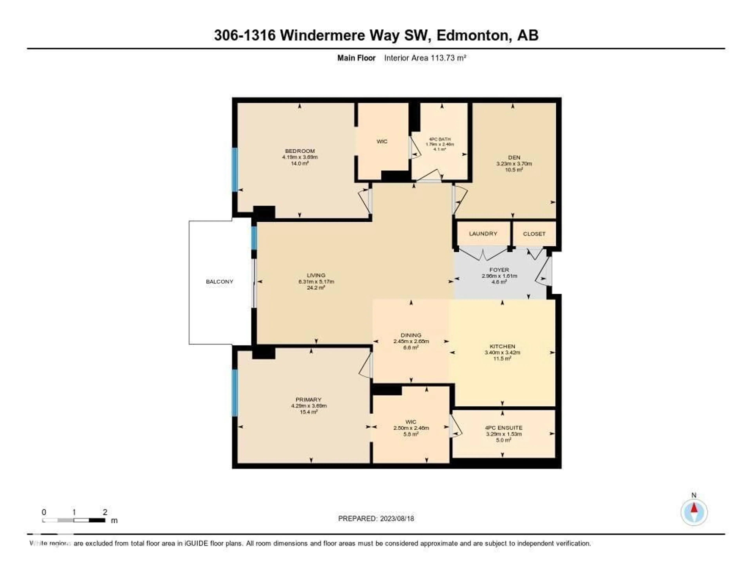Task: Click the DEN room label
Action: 514,157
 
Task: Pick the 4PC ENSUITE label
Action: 503,428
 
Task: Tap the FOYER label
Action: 499,270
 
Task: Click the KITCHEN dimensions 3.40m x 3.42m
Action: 502,352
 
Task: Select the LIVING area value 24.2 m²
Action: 316,288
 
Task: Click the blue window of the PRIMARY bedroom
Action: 235,393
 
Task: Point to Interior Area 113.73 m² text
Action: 425,58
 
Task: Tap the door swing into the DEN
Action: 460,200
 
